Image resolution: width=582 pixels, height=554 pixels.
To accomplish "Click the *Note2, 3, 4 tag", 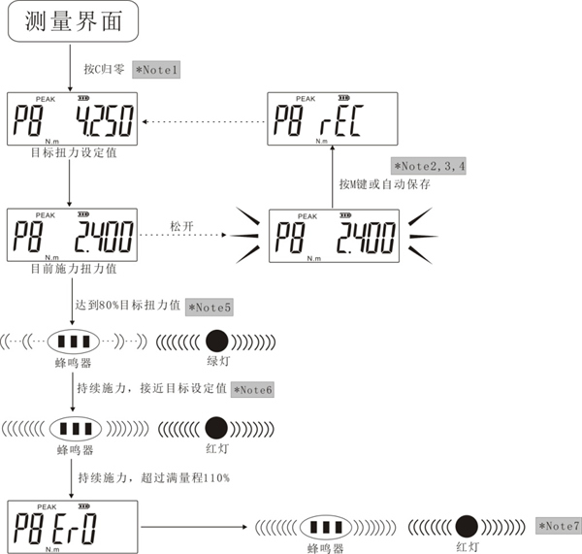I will coord(428,166).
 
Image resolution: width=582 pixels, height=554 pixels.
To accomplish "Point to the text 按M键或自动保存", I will coord(385,183).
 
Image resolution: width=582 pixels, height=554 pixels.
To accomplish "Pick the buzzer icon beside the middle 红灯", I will coord(75,427).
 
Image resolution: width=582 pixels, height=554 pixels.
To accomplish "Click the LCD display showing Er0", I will coord(72,528).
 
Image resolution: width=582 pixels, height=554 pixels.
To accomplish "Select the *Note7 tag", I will coord(559,526).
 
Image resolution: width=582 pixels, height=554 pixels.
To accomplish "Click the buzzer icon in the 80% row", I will coord(75,342).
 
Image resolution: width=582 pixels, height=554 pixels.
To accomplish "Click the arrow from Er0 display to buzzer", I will coord(194,528).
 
